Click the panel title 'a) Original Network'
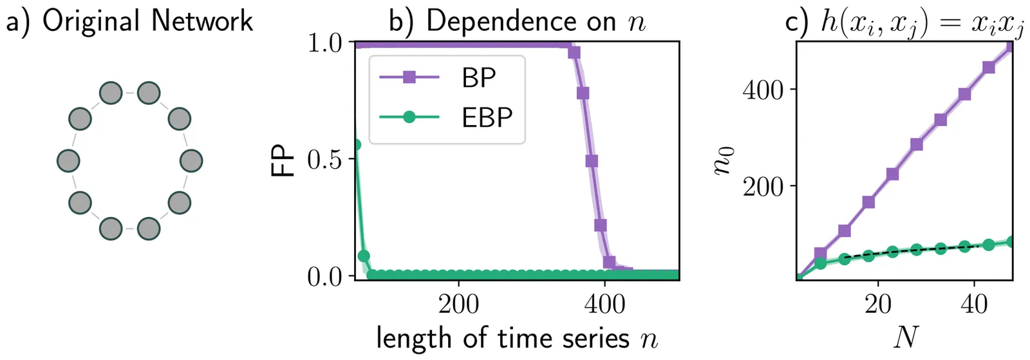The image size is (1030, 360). (x=129, y=21)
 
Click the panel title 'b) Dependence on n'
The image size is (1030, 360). (x=517, y=21)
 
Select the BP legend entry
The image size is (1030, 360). (x=479, y=78)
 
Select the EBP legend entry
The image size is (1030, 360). (x=487, y=117)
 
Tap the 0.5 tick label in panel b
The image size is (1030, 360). (x=325, y=159)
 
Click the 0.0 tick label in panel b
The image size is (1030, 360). (x=325, y=276)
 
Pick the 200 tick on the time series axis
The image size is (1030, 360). (x=458, y=303)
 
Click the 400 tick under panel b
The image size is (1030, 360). (x=604, y=303)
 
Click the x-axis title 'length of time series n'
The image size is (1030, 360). (x=517, y=338)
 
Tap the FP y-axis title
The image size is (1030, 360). (x=282, y=159)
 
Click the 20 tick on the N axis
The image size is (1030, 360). (x=878, y=303)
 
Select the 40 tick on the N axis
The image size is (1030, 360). (x=974, y=303)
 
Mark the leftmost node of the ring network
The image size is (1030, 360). (x=68, y=161)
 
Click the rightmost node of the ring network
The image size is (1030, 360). (x=191, y=161)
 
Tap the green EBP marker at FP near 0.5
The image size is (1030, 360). (x=355, y=145)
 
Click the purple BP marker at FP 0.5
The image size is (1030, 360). (x=592, y=160)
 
